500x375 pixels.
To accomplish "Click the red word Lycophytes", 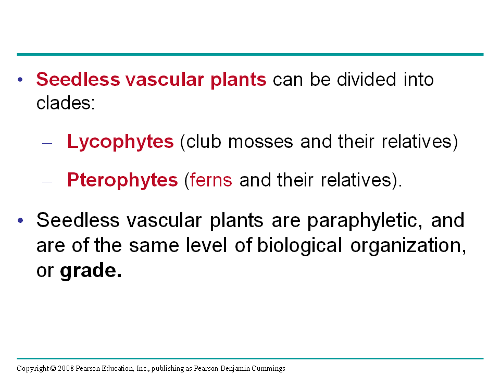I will point(120,142).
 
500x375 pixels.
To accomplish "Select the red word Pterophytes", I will point(122,180).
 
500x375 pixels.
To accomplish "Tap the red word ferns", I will point(211,180).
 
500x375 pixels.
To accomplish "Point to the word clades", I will point(66,103).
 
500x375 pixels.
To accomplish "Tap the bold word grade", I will point(91,271).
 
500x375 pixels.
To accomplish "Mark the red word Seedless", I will point(75,80).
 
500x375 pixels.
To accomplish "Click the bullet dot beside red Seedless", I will point(20,80).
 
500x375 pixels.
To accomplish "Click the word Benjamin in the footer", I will point(237,368).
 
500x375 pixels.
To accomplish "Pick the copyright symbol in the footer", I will point(53,368).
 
